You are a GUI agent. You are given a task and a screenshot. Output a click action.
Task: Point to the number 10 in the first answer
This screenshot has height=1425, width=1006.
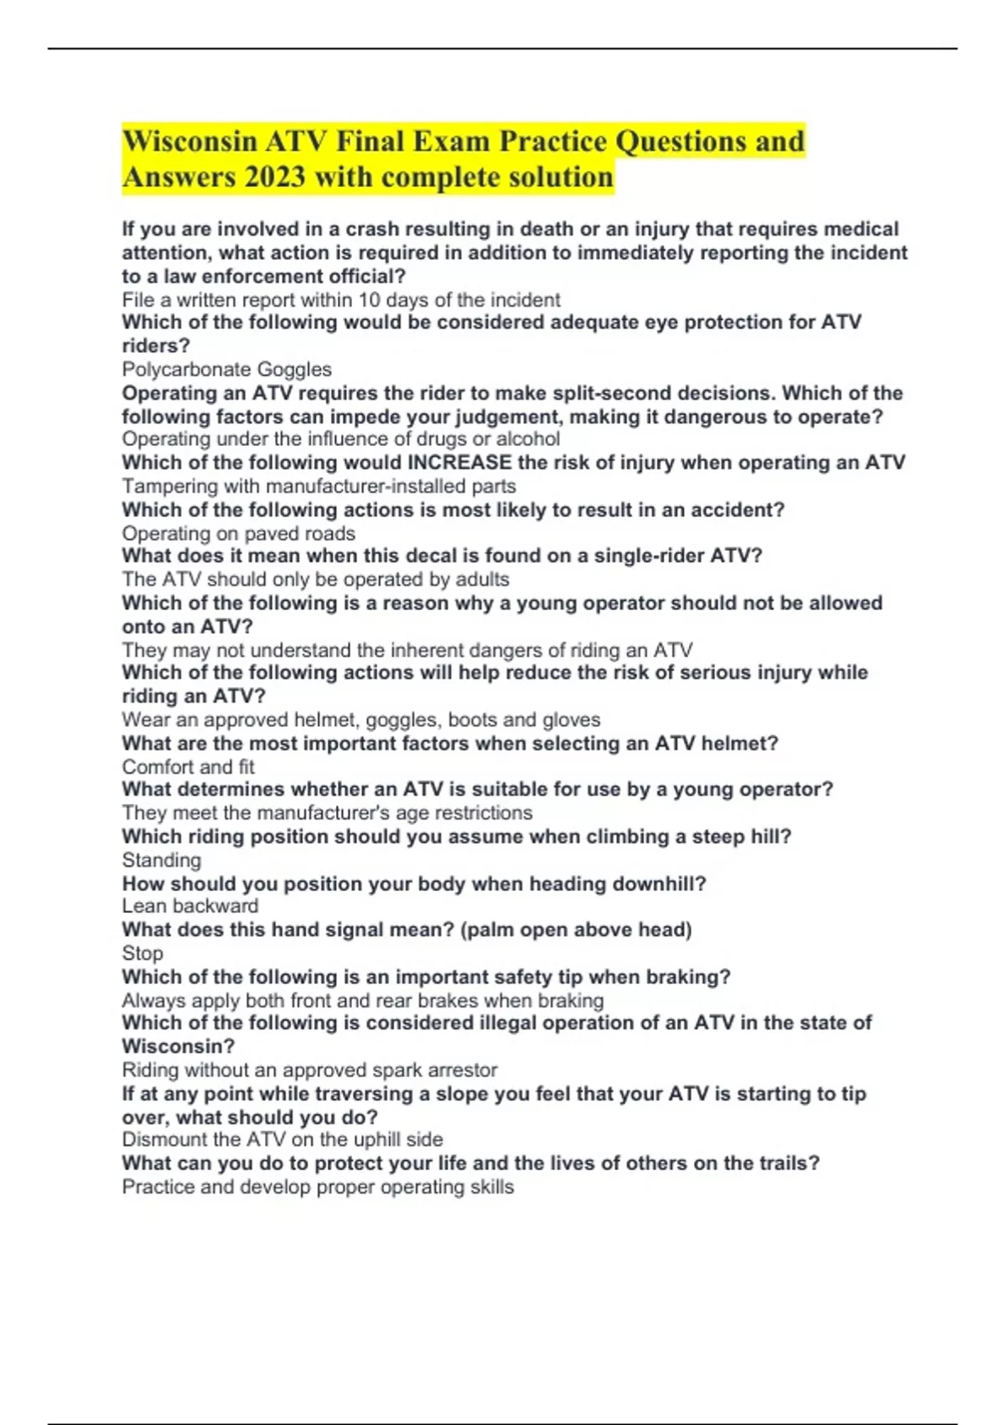point(369,300)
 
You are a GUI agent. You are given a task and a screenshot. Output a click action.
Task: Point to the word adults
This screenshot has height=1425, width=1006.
point(480,579)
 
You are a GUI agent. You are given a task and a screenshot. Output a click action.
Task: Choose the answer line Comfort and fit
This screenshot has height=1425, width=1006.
point(188,767)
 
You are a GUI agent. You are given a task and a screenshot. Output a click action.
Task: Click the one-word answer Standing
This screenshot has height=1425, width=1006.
point(162,860)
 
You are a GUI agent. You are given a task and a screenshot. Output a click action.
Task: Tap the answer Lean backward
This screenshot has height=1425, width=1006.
point(190,906)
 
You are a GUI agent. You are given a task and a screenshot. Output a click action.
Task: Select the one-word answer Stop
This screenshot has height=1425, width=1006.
point(143,953)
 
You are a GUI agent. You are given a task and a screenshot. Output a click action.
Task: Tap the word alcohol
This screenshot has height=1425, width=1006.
point(527,439)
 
